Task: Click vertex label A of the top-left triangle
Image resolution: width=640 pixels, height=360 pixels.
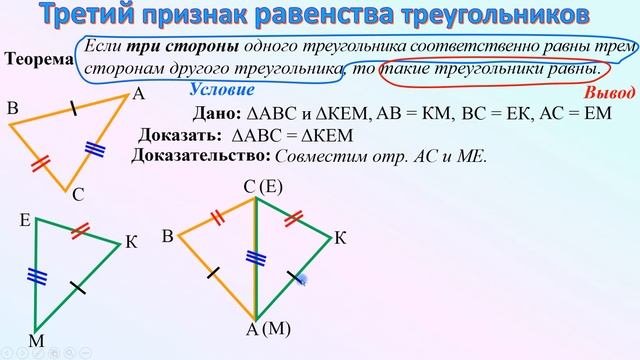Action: [138, 95]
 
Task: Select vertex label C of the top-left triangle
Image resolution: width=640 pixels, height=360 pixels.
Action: [77, 195]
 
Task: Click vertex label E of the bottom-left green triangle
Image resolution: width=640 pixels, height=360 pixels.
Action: [25, 217]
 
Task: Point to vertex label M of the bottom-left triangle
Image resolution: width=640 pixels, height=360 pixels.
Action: [36, 342]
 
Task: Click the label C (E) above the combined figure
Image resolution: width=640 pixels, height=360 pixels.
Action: [263, 187]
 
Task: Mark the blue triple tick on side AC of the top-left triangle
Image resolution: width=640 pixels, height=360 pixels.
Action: [95, 149]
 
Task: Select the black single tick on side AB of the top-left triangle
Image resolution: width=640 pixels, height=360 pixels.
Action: [73, 109]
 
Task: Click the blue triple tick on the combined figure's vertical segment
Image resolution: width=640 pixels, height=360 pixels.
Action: [255, 257]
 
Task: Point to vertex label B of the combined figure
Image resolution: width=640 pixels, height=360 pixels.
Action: [168, 236]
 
